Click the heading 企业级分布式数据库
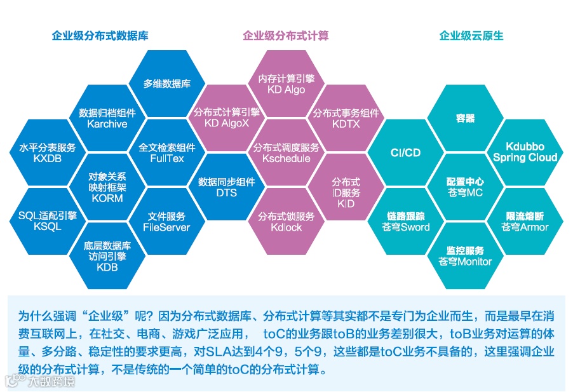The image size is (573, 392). point(100,36)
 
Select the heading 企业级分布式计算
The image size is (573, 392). point(286,36)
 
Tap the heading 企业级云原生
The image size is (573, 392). point(471,36)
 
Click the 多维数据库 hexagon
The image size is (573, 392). point(167,83)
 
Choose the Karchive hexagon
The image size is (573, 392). point(107,118)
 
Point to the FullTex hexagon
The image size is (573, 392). point(167,152)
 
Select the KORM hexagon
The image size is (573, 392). point(107,187)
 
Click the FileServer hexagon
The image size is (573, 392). point(166,221)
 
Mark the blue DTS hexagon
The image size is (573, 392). point(227,187)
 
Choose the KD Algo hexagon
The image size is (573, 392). point(286,84)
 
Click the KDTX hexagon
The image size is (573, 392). point(346,118)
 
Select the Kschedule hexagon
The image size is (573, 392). point(286,152)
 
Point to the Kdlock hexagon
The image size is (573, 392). point(286,221)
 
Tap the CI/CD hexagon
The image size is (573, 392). point(405,152)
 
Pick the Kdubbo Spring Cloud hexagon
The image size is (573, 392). point(525,152)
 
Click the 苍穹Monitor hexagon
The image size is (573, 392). point(466,255)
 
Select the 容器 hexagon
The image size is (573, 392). point(466,118)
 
